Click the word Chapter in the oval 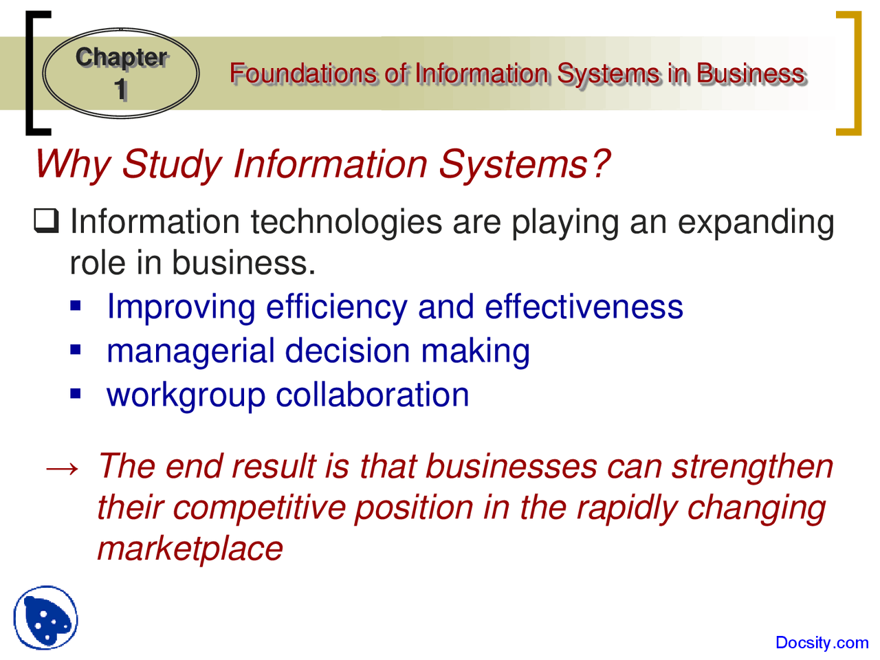click(121, 58)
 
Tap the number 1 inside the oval click(121, 90)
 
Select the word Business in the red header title click(750, 74)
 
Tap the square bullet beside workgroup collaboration click(76, 393)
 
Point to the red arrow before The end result click(62, 468)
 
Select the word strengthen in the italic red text click(752, 467)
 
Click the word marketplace click(190, 549)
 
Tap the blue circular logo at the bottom click(45, 617)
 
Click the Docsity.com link click(822, 643)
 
